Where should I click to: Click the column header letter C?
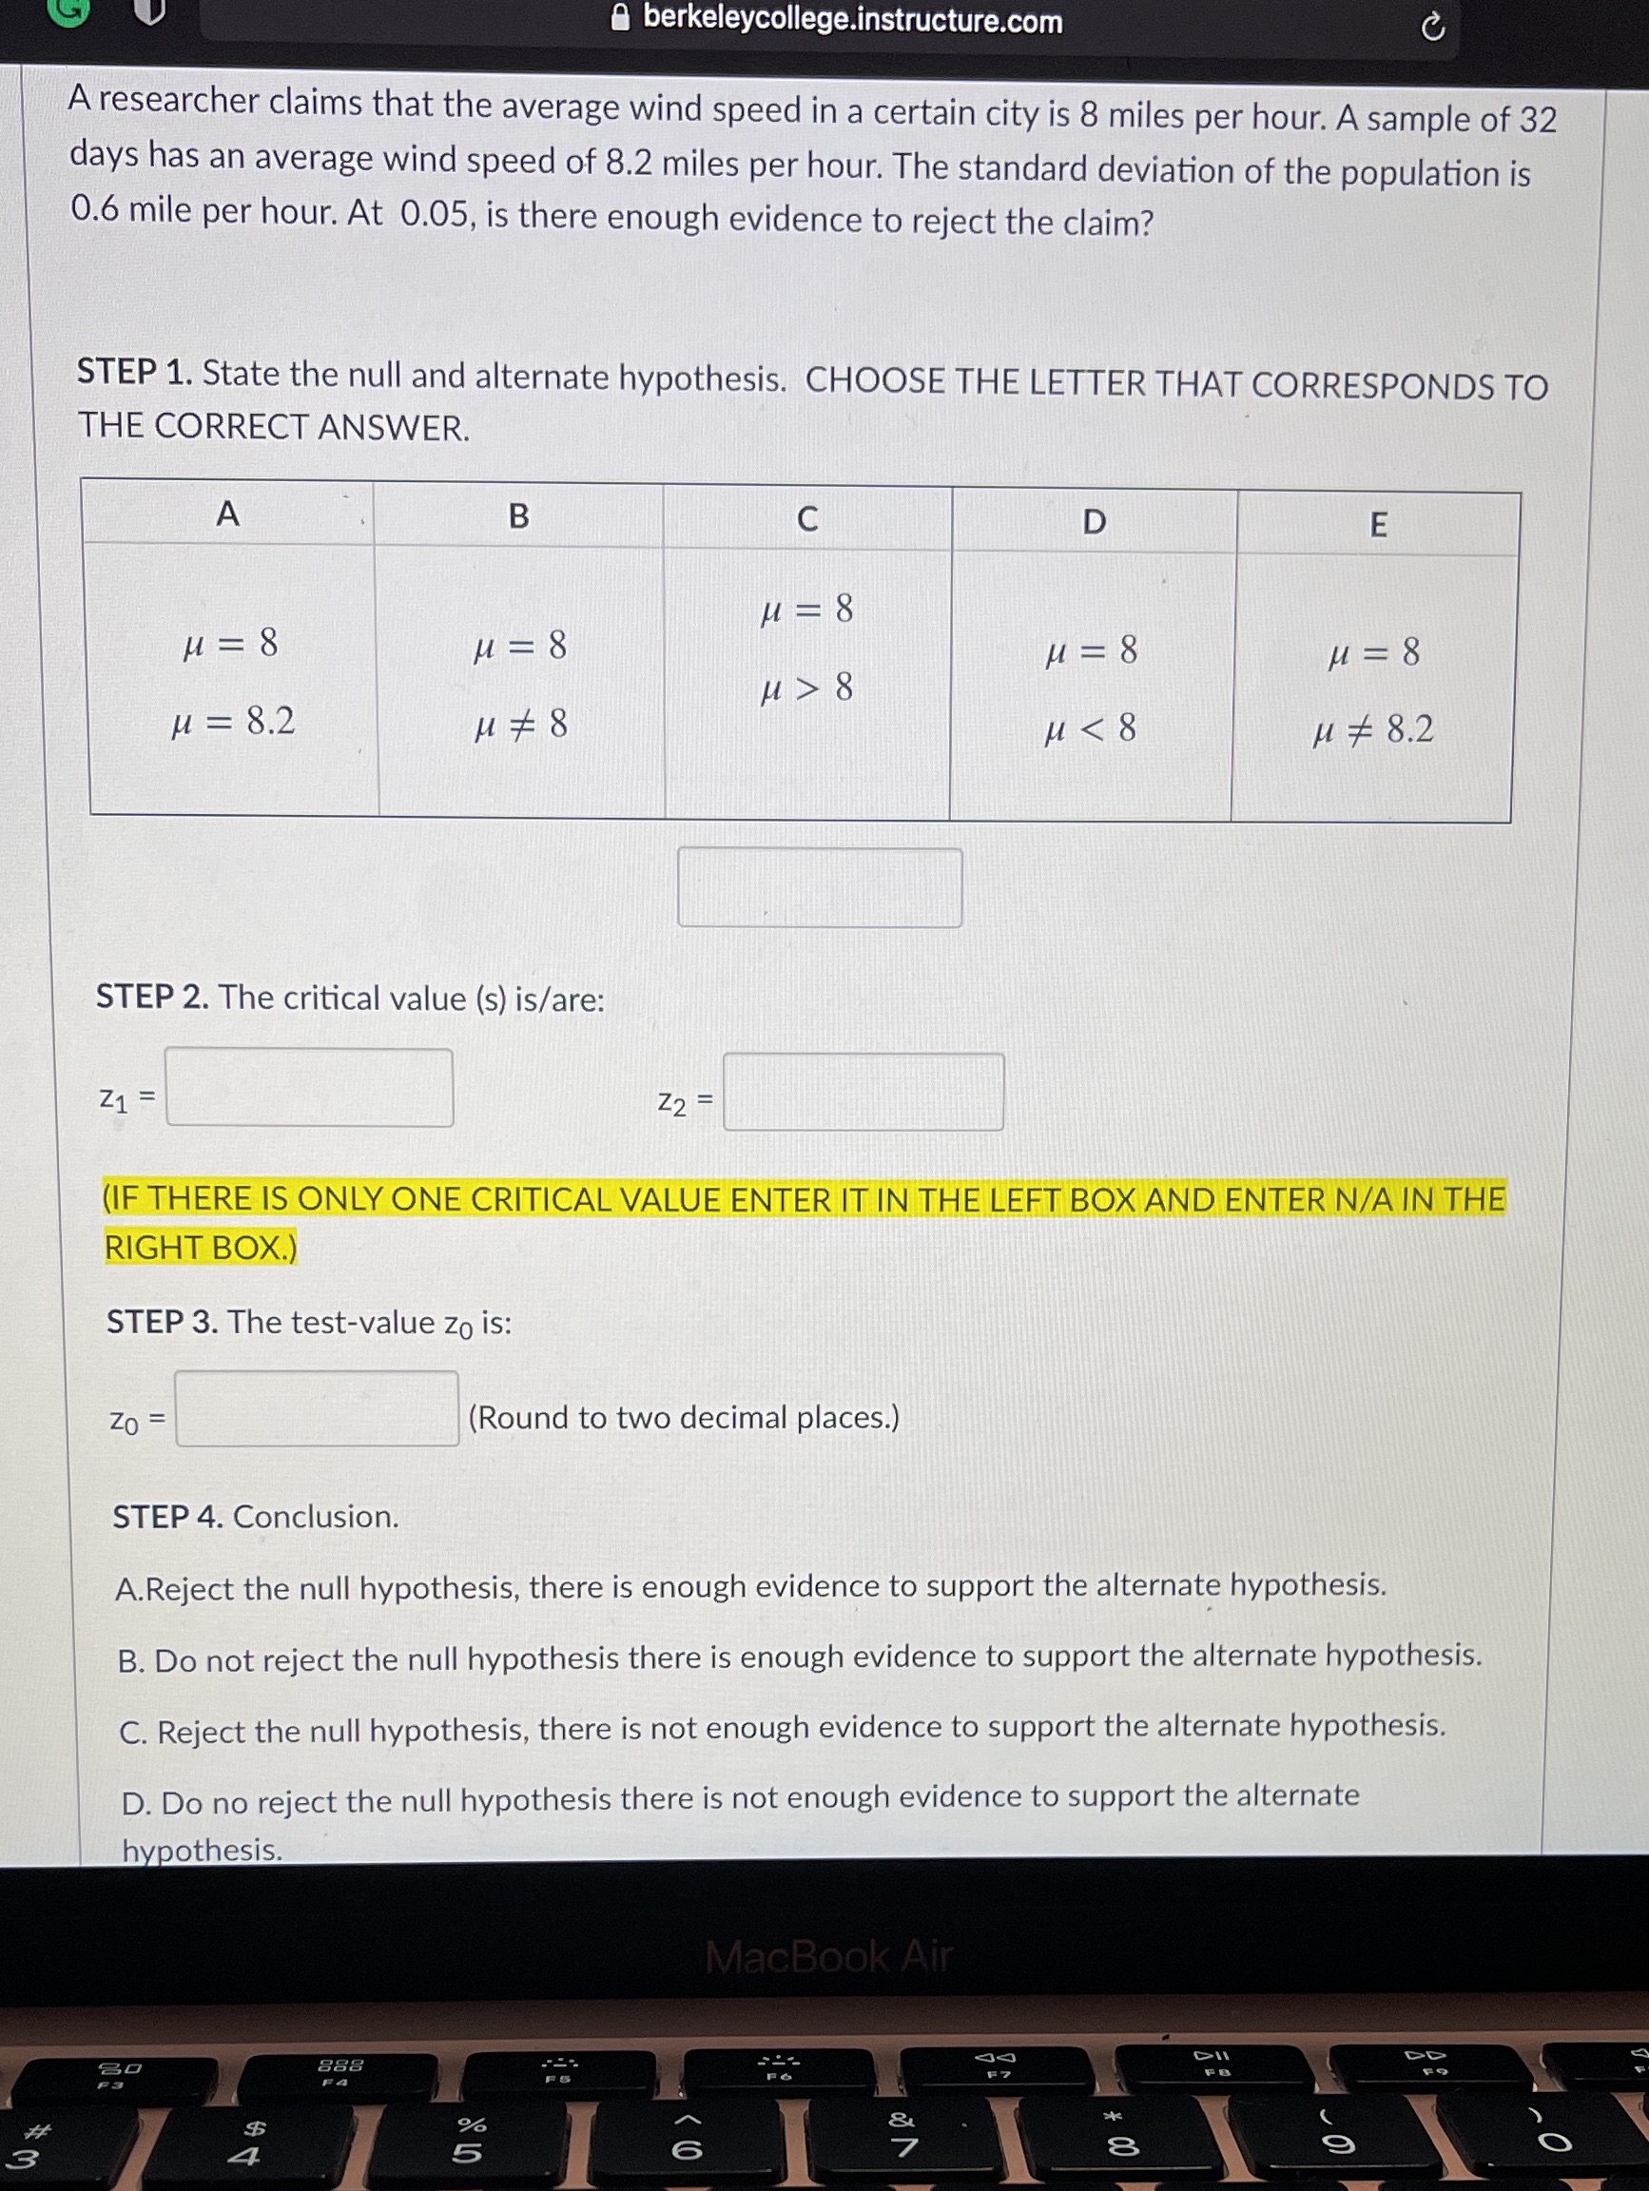[x=807, y=519]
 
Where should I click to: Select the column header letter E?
[x=1378, y=525]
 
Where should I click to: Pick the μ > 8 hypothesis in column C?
[x=806, y=688]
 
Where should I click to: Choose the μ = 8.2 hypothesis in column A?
[x=234, y=722]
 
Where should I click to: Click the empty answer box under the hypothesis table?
[x=819, y=887]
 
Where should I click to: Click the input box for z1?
[x=309, y=1088]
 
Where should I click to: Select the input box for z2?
[x=863, y=1093]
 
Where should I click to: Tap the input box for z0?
[x=317, y=1408]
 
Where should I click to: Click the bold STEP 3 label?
[x=162, y=1323]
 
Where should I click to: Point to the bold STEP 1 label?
[x=135, y=373]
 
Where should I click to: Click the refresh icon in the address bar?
[x=1432, y=29]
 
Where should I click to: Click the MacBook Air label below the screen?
[x=828, y=1956]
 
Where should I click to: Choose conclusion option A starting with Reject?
[x=749, y=1587]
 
